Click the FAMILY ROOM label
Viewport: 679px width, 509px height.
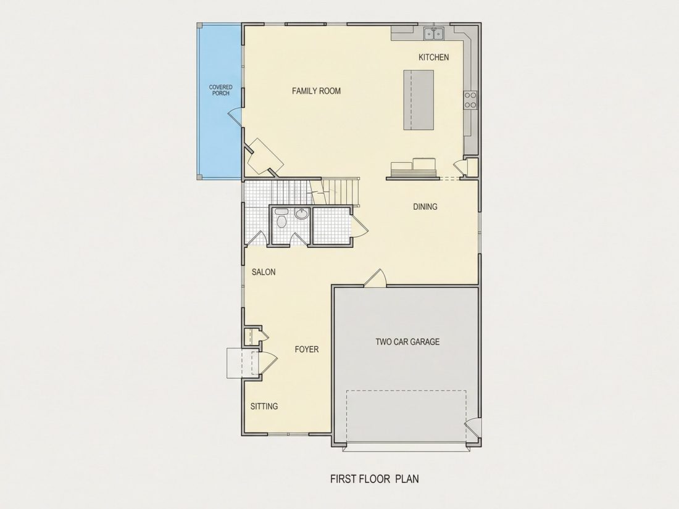click(x=316, y=91)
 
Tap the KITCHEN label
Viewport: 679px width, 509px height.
click(x=433, y=57)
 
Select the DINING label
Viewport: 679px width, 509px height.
click(x=425, y=207)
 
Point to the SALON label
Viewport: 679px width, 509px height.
click(x=264, y=272)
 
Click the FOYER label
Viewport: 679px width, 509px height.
click(x=307, y=349)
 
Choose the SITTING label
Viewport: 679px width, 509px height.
click(x=264, y=406)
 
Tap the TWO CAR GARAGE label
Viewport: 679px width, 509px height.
click(x=407, y=342)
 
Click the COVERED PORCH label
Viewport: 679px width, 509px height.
click(x=221, y=90)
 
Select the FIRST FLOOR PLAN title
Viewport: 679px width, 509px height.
click(x=375, y=479)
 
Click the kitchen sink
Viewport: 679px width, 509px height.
click(x=433, y=33)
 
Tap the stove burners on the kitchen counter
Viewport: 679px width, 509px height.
click(x=470, y=100)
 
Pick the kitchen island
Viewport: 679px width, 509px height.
click(x=419, y=100)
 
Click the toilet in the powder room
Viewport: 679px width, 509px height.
click(x=281, y=219)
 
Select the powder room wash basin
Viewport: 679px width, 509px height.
click(x=301, y=213)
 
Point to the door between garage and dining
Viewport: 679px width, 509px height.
click(x=376, y=278)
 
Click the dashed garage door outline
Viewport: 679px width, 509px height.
click(x=406, y=418)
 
